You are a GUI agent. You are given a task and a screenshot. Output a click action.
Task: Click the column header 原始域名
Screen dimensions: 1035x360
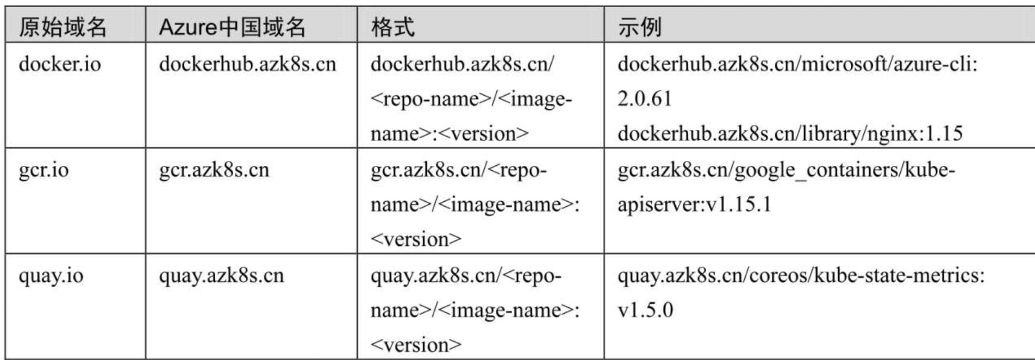pos(63,27)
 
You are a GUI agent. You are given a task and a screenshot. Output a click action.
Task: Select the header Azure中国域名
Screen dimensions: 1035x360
pos(232,27)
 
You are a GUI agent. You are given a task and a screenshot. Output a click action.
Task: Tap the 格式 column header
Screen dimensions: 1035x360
pos(393,27)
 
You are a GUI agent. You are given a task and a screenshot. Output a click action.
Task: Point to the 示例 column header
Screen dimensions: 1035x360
pos(640,27)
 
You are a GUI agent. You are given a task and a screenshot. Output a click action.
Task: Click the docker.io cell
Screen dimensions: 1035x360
pos(60,64)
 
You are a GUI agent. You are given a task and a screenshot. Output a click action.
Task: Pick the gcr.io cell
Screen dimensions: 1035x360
pos(43,170)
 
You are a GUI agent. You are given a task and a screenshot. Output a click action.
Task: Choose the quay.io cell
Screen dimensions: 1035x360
pos(51,276)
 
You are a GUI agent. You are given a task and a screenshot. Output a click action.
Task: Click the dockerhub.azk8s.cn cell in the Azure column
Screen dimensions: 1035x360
pos(247,64)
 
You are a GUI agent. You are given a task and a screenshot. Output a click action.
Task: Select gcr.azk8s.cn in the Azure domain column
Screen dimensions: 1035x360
pos(214,170)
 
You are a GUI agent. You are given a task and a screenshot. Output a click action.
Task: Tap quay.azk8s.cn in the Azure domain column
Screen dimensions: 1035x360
pos(221,276)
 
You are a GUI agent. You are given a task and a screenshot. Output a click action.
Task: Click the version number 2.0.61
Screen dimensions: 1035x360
pos(645,98)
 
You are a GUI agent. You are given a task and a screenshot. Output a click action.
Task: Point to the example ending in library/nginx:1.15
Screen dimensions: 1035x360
pos(790,133)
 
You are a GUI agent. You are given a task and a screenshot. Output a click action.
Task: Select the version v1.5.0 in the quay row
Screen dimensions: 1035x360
pos(645,311)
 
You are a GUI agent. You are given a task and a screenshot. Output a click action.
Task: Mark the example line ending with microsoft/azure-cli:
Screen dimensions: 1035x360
pos(797,64)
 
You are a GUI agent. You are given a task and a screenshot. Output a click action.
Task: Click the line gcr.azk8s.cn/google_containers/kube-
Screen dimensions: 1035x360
pos(786,170)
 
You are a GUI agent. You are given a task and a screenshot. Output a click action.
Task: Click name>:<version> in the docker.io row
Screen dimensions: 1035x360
pos(450,133)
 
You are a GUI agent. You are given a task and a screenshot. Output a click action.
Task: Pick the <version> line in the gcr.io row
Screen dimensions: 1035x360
pos(416,239)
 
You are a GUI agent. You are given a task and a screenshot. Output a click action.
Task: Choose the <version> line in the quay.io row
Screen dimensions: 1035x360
pos(416,345)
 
